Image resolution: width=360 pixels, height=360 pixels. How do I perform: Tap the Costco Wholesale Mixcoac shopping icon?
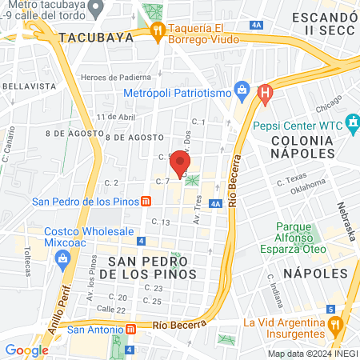click(x=62, y=258)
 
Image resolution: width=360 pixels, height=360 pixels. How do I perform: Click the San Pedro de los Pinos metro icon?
click(x=146, y=202)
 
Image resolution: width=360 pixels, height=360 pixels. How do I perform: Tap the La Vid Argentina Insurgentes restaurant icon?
click(x=335, y=326)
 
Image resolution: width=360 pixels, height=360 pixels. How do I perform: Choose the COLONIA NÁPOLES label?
click(x=302, y=146)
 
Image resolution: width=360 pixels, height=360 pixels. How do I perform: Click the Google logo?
click(x=26, y=350)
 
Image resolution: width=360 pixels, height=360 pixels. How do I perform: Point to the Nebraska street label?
click(x=346, y=224)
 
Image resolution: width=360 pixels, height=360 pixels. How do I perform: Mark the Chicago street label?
click(x=328, y=106)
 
